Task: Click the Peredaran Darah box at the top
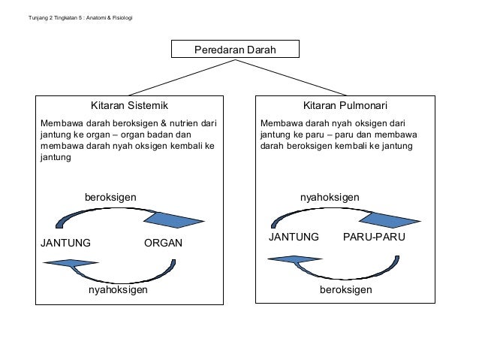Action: coord(235,50)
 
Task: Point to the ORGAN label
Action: coord(163,244)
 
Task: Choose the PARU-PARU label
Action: coord(374,237)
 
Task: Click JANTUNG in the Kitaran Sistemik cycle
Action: coord(65,244)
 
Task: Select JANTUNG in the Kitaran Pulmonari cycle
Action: coord(294,237)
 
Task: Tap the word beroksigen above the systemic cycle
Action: coord(110,196)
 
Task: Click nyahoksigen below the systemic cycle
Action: coord(118,289)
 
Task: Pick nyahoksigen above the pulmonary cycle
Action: coord(329,196)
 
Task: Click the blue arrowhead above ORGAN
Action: coord(173,219)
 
